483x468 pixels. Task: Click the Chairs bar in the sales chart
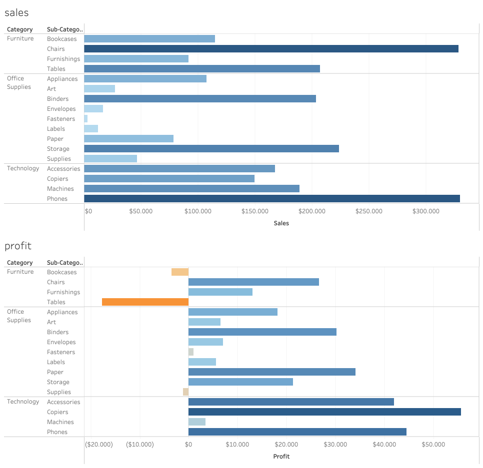271,49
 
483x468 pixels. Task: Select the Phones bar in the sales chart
272,199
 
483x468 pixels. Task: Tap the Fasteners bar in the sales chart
86,119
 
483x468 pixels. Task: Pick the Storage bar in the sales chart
211,149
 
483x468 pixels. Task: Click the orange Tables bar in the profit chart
145,302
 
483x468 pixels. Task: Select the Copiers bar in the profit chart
324,412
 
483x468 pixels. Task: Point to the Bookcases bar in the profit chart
180,272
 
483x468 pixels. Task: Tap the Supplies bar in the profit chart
185,392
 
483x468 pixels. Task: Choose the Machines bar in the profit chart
197,422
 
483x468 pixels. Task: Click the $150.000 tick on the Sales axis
255,211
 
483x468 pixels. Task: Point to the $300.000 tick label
426,211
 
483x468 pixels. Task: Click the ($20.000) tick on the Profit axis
99,445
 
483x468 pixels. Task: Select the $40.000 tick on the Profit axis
384,445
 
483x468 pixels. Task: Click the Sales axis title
281,223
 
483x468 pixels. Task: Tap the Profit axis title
281,457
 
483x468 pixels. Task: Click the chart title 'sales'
16,12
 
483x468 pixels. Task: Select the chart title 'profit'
18,246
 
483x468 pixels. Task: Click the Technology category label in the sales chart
23,168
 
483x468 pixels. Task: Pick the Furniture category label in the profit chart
20,272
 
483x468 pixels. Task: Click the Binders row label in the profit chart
58,332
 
